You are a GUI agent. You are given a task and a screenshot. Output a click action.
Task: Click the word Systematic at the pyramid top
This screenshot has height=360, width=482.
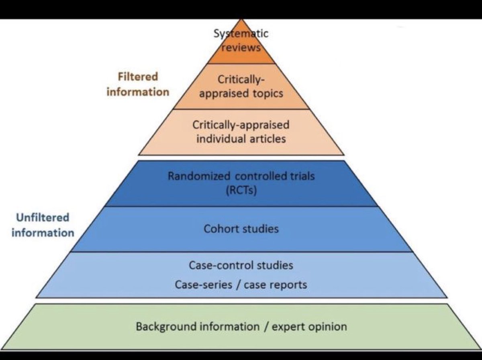pos(241,33)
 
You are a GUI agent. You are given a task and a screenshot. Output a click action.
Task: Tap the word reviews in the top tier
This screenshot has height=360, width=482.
pos(241,47)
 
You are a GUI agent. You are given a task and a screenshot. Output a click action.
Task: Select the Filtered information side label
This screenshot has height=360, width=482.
pos(138,84)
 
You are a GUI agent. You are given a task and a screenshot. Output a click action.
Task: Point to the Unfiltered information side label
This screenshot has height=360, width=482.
pos(43,225)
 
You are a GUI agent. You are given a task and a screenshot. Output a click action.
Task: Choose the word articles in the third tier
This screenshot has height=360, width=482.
pos(267,139)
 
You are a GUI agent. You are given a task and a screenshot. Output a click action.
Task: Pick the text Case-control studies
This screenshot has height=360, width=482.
pos(241,265)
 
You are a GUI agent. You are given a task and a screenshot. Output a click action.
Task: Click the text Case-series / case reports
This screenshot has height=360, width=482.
pos(241,284)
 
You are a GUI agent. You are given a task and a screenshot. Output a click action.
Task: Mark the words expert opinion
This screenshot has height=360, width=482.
pos(309,326)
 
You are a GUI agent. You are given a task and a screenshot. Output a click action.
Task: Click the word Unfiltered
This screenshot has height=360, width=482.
pos(43,218)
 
